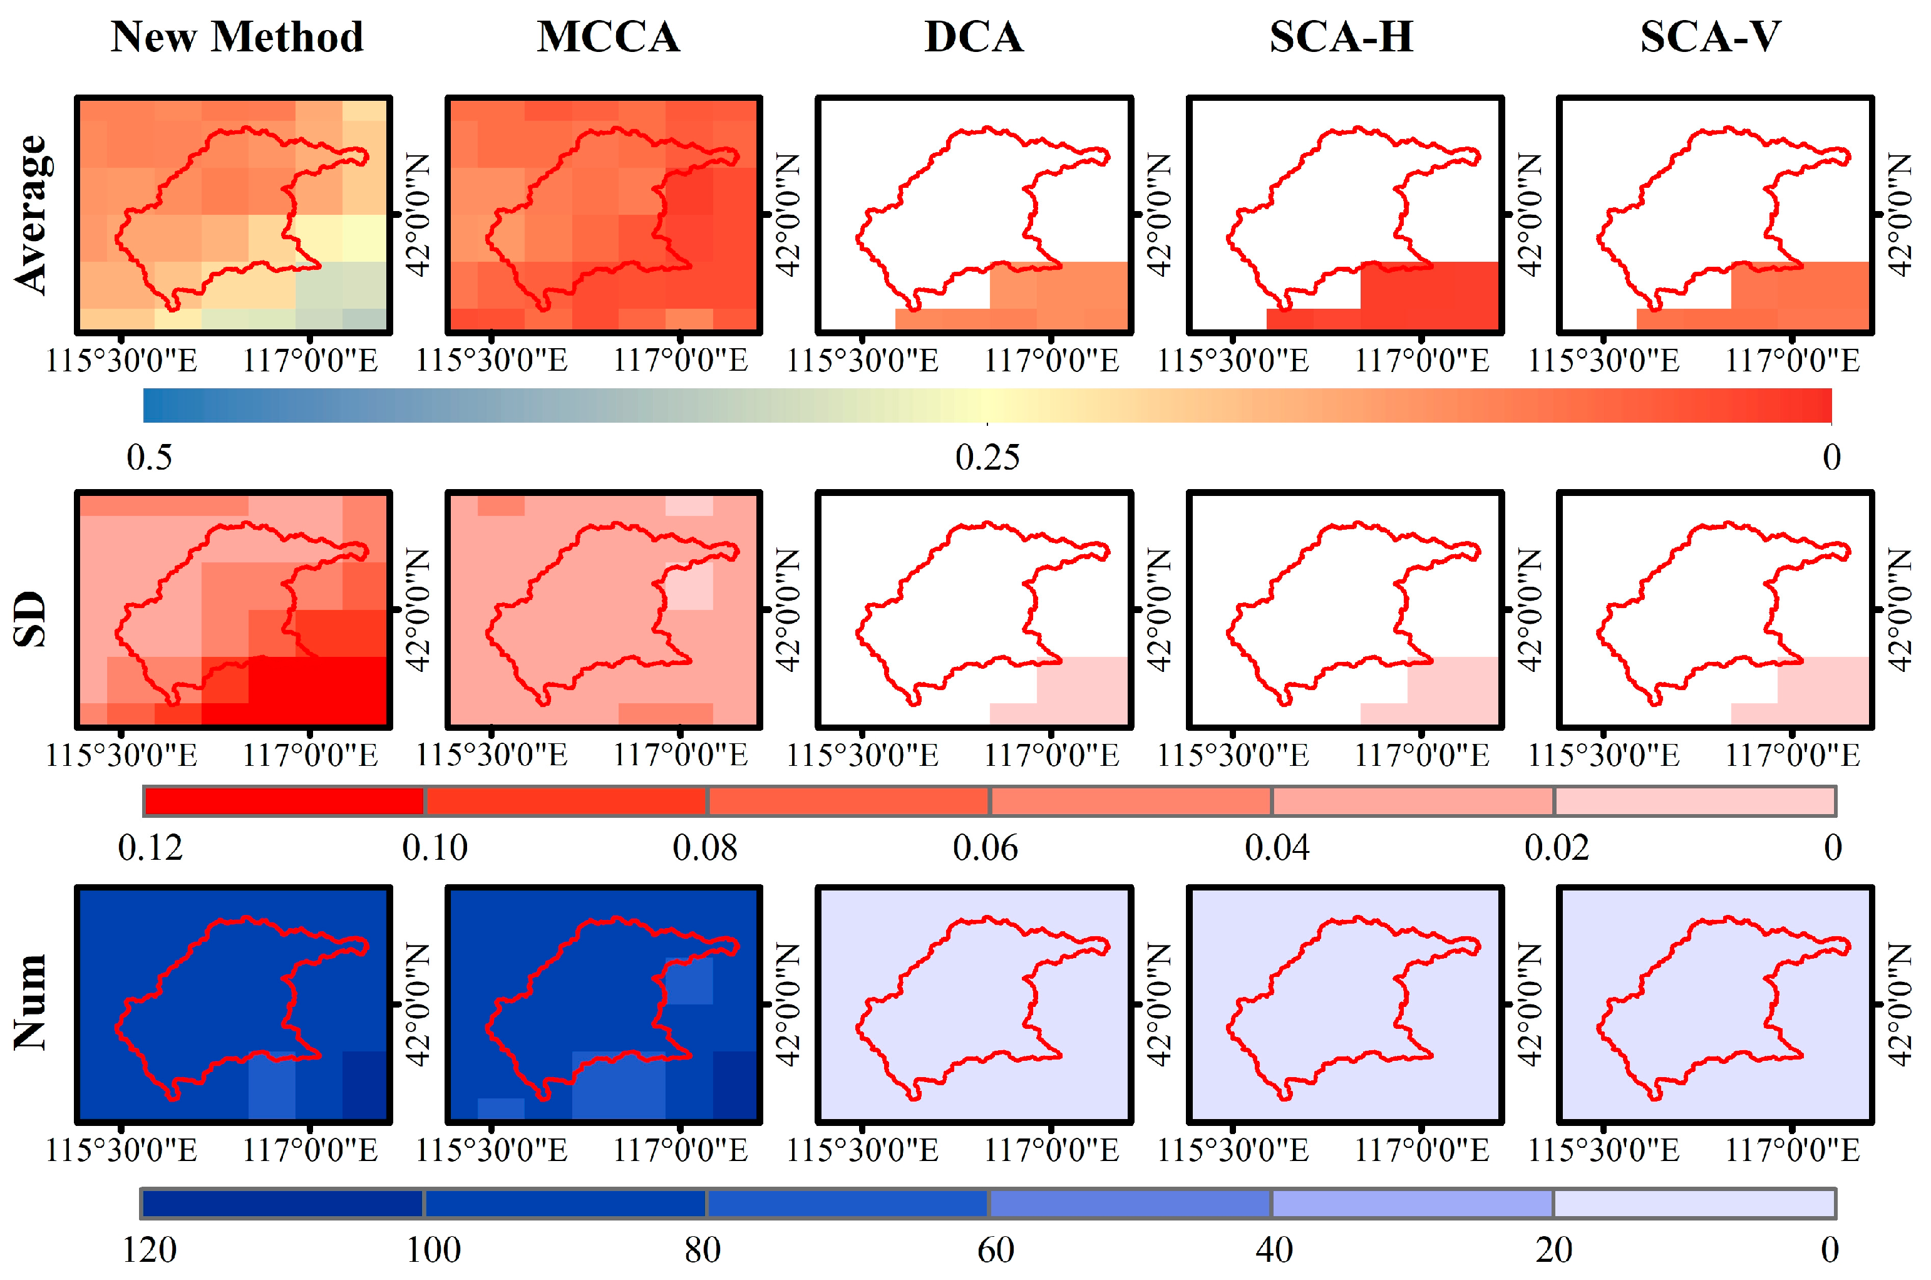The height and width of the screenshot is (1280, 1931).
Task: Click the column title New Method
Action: pos(237,37)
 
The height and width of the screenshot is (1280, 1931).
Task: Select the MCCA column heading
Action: pos(608,37)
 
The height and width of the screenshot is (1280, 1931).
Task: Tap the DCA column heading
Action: pos(974,37)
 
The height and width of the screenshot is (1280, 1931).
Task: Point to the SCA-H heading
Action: pos(1341,37)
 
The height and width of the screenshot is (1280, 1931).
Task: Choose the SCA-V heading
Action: pos(1710,37)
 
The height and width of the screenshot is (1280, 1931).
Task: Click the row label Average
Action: pos(33,214)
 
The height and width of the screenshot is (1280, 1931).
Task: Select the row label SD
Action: pos(31,619)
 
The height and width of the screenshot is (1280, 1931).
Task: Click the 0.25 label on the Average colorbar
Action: pos(987,457)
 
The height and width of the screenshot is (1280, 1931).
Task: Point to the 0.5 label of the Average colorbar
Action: pos(150,457)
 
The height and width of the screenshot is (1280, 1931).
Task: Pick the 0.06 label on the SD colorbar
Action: pos(985,848)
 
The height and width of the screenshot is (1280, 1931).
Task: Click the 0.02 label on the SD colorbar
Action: pos(1557,848)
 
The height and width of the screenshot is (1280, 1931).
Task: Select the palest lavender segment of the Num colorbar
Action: pos(1694,1203)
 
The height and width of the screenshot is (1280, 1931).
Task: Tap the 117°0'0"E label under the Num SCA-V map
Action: pos(1792,1150)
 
